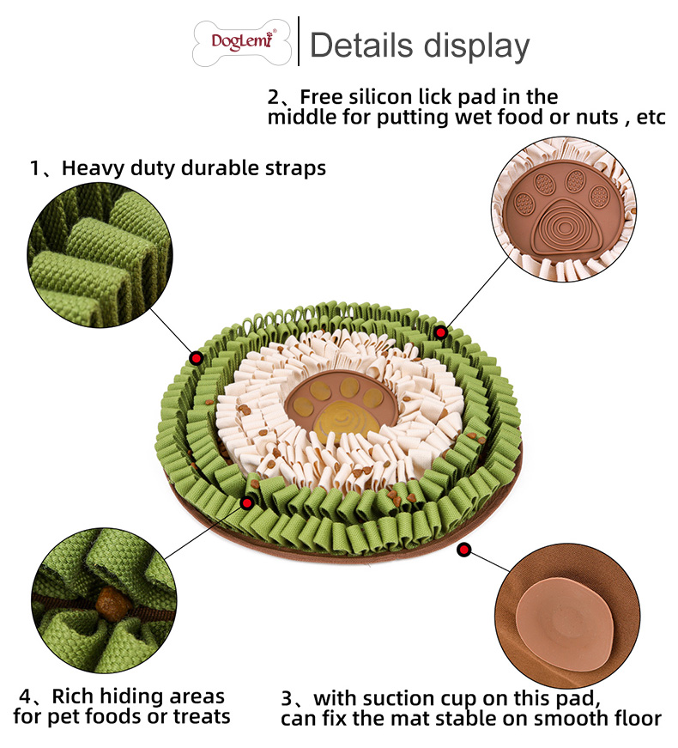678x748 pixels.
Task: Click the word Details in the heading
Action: (x=361, y=45)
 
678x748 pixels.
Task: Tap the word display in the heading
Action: (x=476, y=45)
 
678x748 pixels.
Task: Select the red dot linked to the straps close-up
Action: (x=196, y=358)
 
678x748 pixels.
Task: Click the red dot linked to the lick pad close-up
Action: (x=441, y=332)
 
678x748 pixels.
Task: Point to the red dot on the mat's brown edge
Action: (x=464, y=549)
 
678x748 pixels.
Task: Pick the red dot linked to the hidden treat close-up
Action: (x=247, y=502)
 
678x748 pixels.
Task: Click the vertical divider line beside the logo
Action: (x=298, y=41)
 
